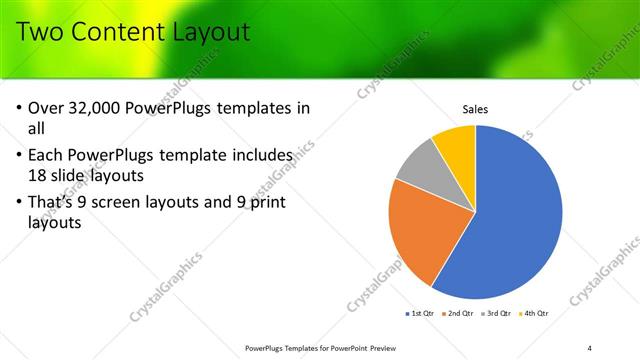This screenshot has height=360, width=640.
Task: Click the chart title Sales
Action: coord(475,110)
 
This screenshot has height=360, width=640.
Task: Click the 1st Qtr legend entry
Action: coord(418,313)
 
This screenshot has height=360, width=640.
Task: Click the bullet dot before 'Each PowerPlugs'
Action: coord(21,156)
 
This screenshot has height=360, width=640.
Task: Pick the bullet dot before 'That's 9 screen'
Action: coord(21,203)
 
